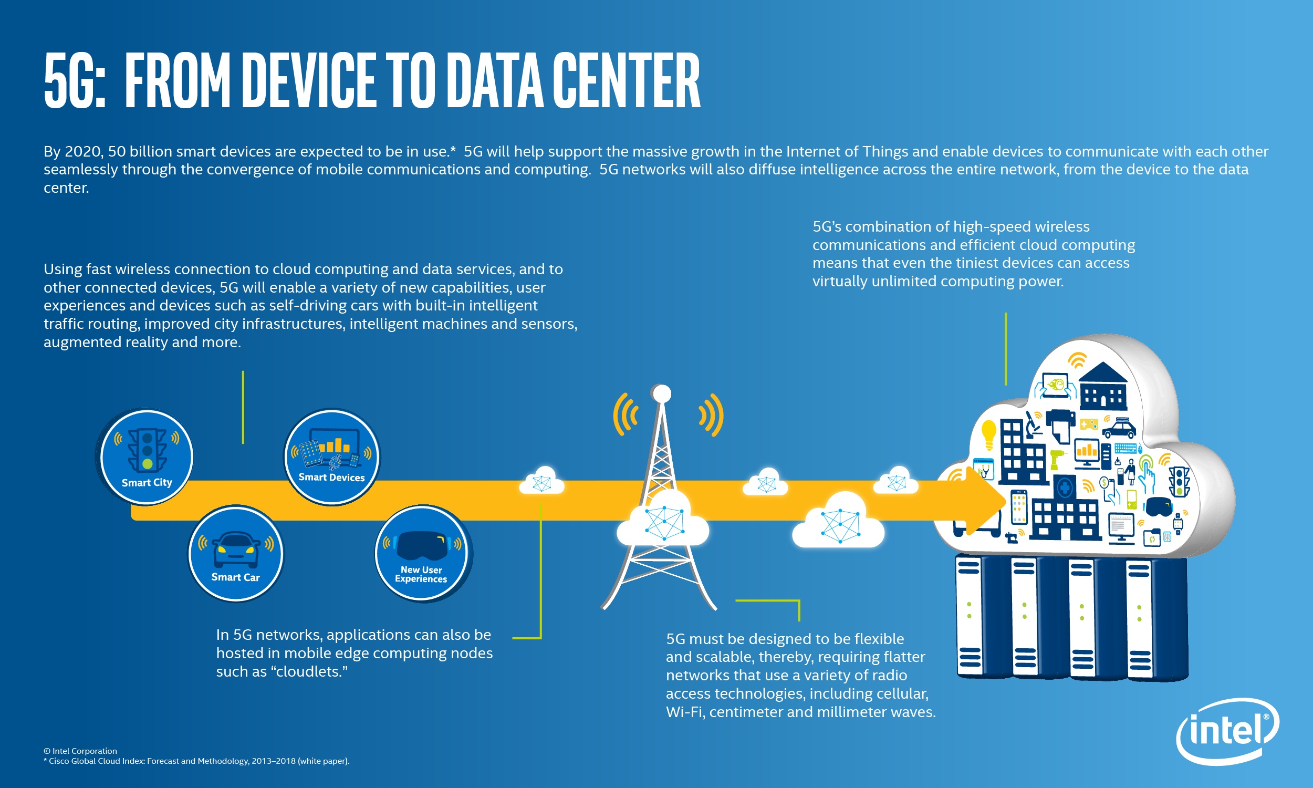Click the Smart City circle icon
coord(147,457)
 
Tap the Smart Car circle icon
coord(236,553)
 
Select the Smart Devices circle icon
coord(332,457)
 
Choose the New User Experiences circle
coord(421,553)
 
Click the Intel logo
coord(1227,731)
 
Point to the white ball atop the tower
coord(662,393)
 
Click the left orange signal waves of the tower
coord(625,414)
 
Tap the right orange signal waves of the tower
coord(711,414)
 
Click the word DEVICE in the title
coord(308,81)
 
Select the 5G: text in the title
coord(75,81)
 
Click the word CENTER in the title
coord(626,81)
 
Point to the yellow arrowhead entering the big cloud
coord(984,500)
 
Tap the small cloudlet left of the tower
coord(541,481)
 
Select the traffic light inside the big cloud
coord(1179,481)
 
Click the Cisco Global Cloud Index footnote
coord(196,761)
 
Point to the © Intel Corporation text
coord(80,751)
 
